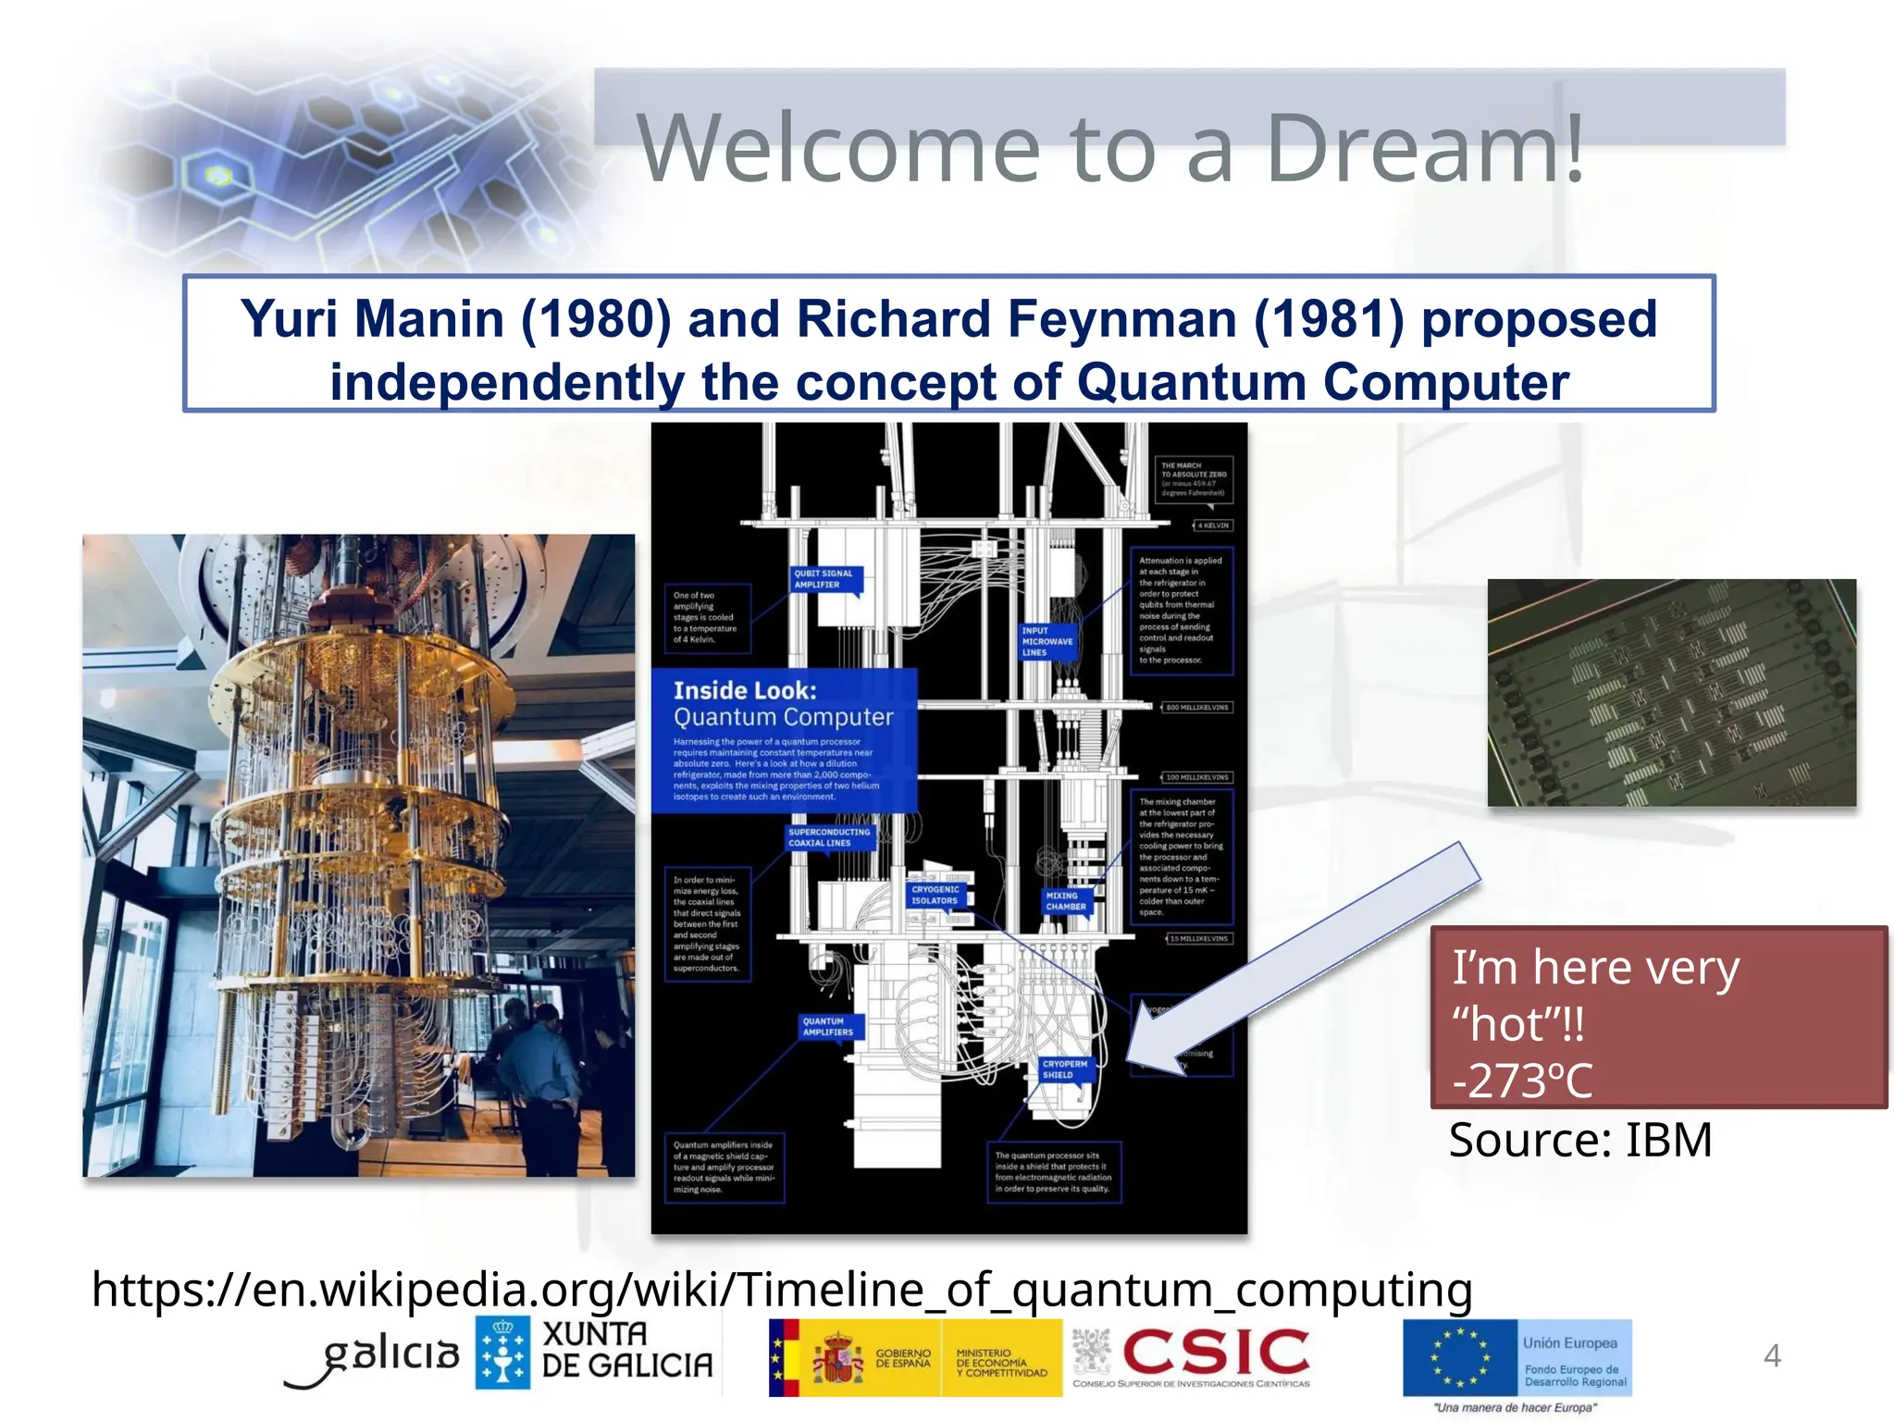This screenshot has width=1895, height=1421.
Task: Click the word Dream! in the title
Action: [1425, 148]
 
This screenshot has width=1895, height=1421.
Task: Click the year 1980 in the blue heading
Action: [597, 319]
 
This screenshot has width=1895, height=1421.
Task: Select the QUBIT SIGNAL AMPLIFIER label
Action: [824, 579]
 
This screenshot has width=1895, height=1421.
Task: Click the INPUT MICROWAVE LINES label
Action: [1047, 641]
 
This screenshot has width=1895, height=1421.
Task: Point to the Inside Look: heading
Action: [745, 690]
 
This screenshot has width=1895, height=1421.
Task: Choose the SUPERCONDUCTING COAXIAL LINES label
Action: [829, 837]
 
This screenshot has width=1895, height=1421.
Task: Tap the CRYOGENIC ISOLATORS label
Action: [935, 895]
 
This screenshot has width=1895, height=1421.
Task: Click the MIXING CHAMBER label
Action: [1065, 901]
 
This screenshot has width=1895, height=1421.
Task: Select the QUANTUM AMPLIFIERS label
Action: [827, 1027]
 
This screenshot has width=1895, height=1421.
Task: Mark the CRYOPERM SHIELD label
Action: [1064, 1069]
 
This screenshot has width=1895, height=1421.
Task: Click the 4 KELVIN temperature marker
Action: [1213, 525]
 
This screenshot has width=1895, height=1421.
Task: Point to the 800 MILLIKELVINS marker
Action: [1197, 708]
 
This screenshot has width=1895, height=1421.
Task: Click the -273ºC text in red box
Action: [1522, 1081]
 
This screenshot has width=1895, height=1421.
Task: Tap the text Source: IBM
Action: [1580, 1140]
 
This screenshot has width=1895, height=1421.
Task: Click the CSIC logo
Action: [1214, 1353]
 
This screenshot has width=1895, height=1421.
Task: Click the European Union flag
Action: [1459, 1357]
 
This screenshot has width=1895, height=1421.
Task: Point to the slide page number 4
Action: [1771, 1355]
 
